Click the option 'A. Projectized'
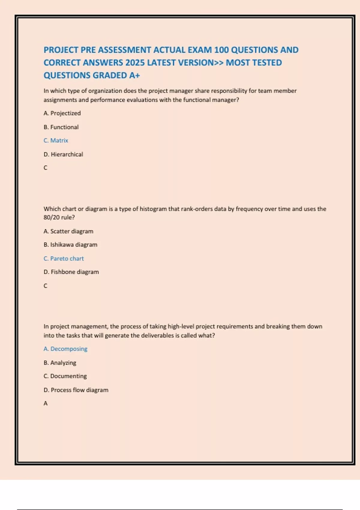62,113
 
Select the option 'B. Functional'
61,127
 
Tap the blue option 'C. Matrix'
56,140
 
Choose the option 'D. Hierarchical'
63,154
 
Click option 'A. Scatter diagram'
68,231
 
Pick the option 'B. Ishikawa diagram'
70,244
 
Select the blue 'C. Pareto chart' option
64,258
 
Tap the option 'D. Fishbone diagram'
71,272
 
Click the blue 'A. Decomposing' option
65,349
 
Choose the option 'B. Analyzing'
60,363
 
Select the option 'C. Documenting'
65,376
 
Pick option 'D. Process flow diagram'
76,390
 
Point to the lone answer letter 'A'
46,403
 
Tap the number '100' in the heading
221,50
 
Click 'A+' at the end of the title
135,75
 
